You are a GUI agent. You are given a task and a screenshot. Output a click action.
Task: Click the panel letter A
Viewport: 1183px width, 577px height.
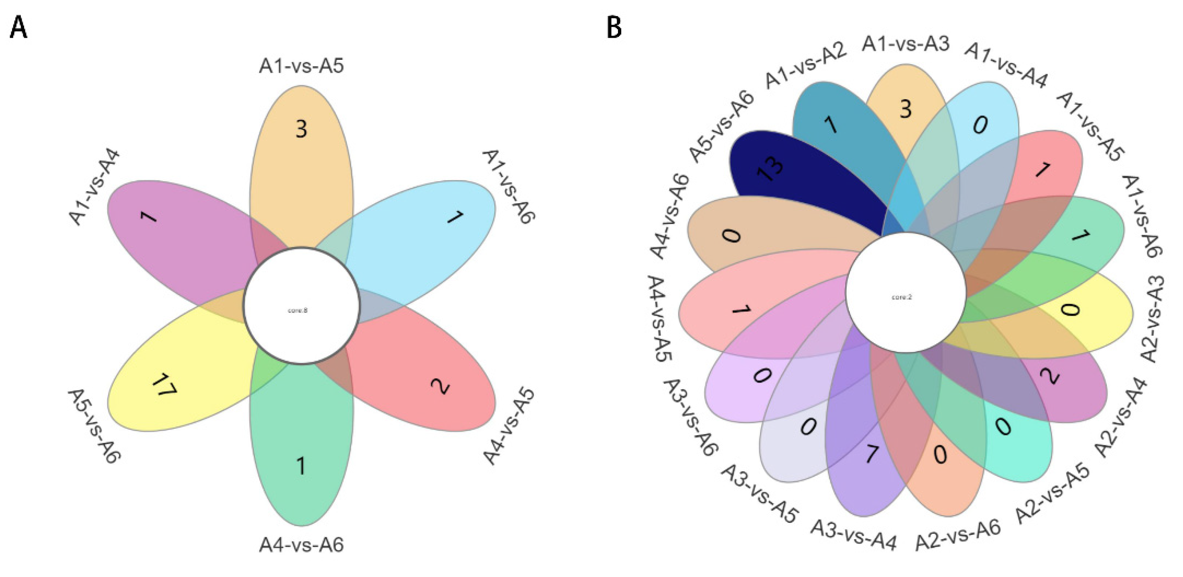pyautogui.click(x=19, y=28)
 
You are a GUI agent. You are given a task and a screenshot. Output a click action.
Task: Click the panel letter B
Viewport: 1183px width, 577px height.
pyautogui.click(x=614, y=28)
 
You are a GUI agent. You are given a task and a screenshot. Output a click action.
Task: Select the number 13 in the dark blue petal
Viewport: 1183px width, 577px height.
pyautogui.click(x=770, y=167)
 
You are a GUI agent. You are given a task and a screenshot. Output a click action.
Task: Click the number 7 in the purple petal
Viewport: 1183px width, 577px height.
pyautogui.click(x=871, y=455)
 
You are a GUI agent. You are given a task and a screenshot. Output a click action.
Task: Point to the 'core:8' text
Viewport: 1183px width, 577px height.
pyautogui.click(x=298, y=310)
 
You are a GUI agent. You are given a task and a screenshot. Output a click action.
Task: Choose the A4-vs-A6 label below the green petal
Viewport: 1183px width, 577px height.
pyautogui.click(x=301, y=545)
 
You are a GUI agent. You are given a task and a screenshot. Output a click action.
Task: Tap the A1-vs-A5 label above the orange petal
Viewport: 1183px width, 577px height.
pyautogui.click(x=301, y=66)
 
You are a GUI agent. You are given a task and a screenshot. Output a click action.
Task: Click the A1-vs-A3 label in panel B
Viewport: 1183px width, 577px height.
pyautogui.click(x=906, y=44)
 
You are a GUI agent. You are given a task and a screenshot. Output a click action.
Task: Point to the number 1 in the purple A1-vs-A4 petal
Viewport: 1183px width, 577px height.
pyautogui.click(x=148, y=216)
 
